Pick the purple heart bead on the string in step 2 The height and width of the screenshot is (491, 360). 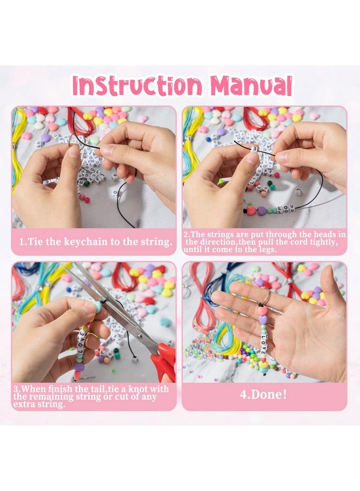pyautogui.click(x=262, y=211)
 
